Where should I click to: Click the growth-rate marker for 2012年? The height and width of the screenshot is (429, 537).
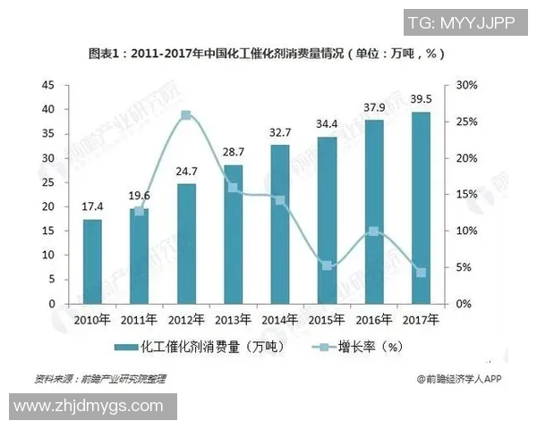[186, 115]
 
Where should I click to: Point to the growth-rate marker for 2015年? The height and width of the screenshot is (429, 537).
[327, 265]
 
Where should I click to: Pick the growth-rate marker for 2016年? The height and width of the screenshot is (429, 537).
[373, 231]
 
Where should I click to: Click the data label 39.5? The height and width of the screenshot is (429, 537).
[421, 99]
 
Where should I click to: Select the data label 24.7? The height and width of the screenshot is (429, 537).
[186, 169]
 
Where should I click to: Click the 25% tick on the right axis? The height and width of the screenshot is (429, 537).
[467, 122]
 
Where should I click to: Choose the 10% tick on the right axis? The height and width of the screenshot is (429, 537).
[467, 231]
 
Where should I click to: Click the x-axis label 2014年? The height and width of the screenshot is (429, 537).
[279, 319]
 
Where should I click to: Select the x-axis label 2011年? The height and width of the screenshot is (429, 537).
[139, 319]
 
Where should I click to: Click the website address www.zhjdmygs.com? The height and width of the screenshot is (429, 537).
[88, 407]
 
